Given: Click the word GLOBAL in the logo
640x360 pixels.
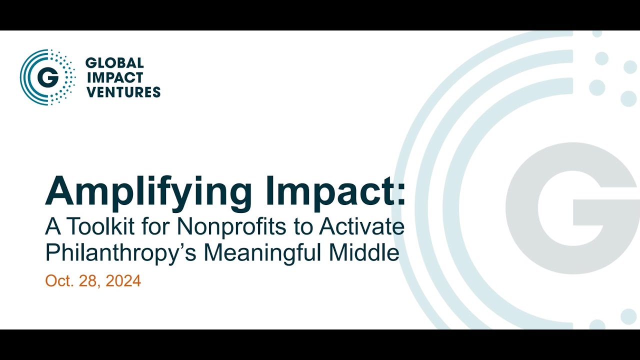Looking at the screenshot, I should click(x=114, y=63).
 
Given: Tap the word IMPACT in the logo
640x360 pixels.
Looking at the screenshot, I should click(x=114, y=77).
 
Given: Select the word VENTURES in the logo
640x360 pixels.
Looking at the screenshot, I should click(x=123, y=92).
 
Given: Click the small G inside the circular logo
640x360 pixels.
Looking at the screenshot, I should click(x=48, y=77).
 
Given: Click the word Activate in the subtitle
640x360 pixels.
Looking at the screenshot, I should click(x=362, y=227).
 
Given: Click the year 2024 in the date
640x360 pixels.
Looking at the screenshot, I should click(x=124, y=281).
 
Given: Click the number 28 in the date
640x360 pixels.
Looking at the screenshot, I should click(x=89, y=281).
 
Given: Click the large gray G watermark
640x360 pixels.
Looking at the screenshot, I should click(x=575, y=207).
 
